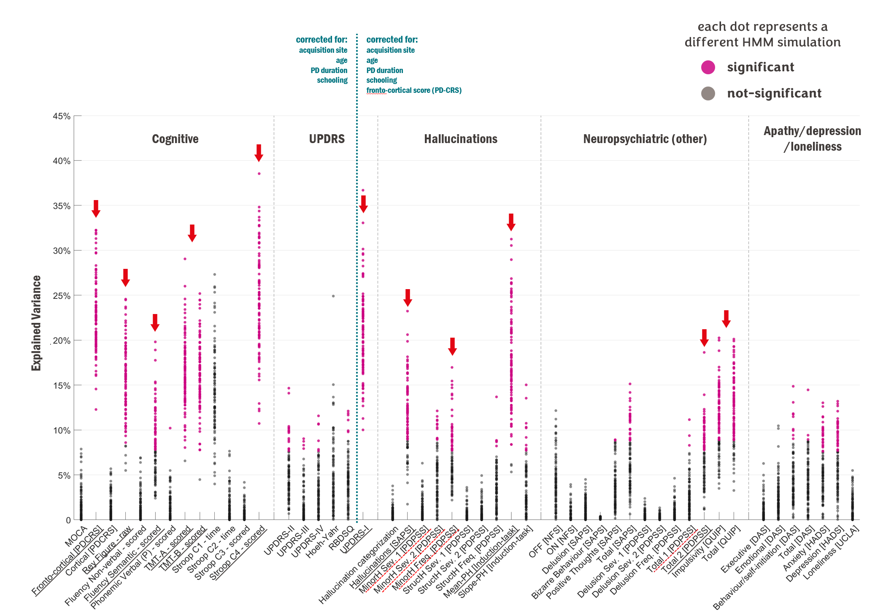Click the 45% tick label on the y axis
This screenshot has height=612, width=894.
[62, 116]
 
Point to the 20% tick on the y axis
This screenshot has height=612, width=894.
[62, 341]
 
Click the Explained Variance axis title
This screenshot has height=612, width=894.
[37, 323]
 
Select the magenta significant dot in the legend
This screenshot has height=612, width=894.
[708, 67]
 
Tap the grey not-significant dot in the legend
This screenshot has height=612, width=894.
[708, 93]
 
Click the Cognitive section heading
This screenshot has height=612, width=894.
[175, 139]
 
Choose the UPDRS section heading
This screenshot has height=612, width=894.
[327, 139]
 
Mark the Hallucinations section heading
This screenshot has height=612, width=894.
[460, 139]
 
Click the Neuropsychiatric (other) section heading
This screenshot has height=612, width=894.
[645, 139]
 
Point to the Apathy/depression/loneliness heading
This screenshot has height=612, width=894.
[812, 138]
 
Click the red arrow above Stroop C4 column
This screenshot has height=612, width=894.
[259, 153]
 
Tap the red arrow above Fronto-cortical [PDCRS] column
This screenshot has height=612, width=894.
[96, 209]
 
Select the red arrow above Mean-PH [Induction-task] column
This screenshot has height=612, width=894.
[511, 222]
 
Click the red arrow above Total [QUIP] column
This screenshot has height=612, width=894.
[726, 319]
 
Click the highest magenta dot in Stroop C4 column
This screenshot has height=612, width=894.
[259, 173]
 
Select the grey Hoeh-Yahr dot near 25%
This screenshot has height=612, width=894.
[333, 296]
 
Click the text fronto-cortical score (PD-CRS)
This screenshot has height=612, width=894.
[413, 90]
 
